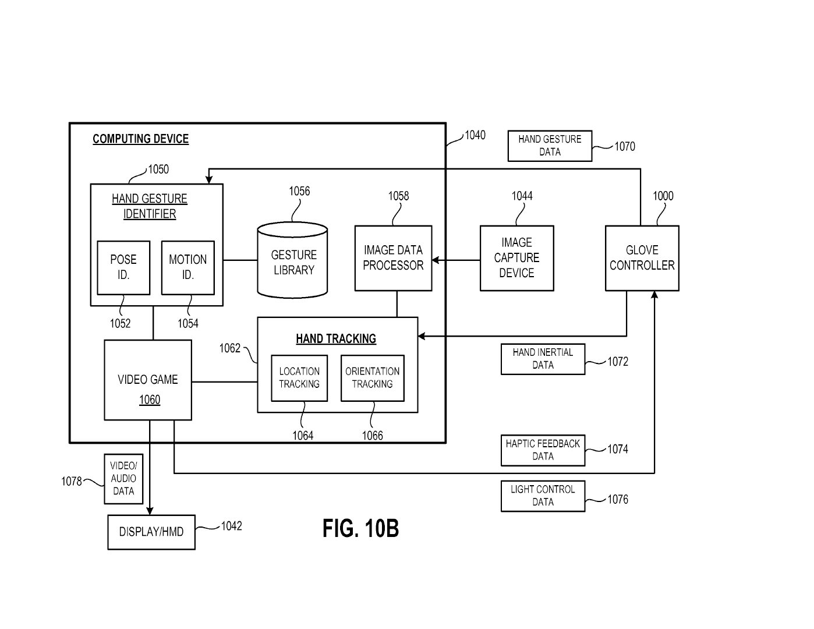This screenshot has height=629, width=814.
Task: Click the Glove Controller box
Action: [642, 258]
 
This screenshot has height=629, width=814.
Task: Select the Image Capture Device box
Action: [516, 258]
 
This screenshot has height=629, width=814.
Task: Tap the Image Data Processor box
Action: [393, 258]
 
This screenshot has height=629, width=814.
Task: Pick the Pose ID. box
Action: [123, 267]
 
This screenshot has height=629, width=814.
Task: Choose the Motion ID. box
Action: [187, 267]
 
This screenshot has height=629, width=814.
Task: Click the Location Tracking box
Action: [299, 378]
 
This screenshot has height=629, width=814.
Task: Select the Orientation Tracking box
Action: [372, 378]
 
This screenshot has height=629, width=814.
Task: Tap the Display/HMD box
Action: [151, 532]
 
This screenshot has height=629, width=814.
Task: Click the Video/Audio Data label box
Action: [123, 479]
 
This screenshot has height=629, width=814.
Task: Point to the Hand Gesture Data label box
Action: [550, 146]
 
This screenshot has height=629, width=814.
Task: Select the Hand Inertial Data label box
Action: [543, 359]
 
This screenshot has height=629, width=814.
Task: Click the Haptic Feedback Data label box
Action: [543, 450]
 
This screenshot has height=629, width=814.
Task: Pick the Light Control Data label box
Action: [543, 496]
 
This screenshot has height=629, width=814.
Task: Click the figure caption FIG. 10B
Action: [360, 529]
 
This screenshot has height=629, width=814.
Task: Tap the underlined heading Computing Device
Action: [140, 139]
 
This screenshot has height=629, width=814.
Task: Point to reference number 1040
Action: [475, 135]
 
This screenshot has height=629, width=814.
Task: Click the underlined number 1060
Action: [150, 400]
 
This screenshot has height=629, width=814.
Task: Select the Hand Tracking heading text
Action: [336, 339]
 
